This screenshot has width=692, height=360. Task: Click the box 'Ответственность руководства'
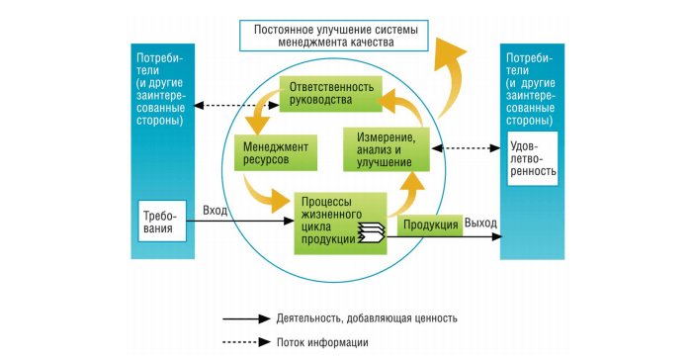point(330,94)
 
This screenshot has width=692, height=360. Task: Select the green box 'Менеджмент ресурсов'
point(276,153)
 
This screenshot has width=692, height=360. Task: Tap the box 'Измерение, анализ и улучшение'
point(387,149)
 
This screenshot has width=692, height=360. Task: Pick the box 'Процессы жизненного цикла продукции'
point(340,224)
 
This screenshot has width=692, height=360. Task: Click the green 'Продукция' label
point(430,225)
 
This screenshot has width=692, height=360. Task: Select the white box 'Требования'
point(162,221)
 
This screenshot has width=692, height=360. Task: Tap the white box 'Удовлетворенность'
point(532,158)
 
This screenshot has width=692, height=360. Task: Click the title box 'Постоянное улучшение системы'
point(334,36)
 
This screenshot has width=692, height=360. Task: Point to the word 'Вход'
point(215,211)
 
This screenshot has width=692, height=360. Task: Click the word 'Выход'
point(480,224)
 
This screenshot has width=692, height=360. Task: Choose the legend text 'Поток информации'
point(322,342)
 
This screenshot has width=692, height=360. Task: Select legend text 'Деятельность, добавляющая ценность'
point(367,318)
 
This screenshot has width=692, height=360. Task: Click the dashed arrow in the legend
point(247,342)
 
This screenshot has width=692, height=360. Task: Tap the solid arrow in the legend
point(247,318)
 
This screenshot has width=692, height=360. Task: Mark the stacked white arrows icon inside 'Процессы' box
point(372,232)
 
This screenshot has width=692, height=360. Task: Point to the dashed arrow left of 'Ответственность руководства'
point(236,105)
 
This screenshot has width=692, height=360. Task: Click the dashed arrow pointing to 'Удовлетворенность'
point(466,148)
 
